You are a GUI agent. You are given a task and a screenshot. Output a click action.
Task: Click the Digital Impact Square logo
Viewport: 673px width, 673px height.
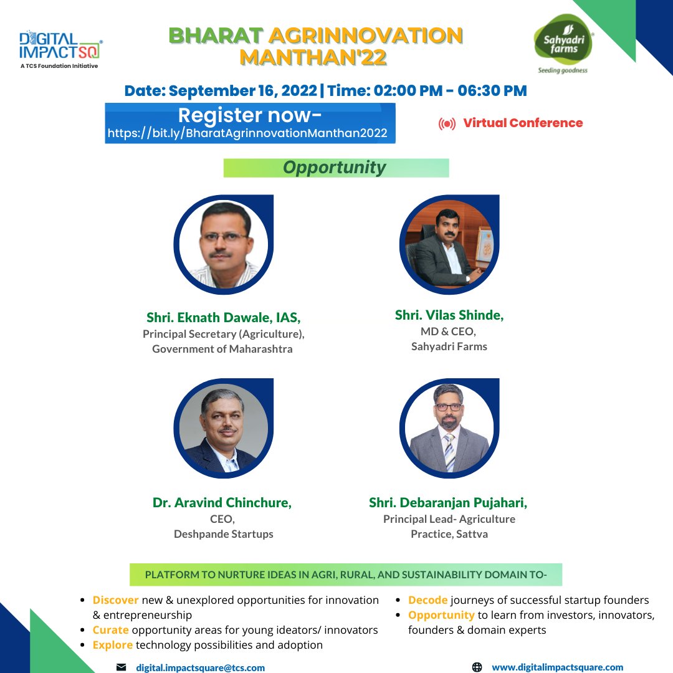coord(60,48)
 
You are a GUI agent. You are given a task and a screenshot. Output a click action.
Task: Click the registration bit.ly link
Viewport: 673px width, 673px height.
coord(247,133)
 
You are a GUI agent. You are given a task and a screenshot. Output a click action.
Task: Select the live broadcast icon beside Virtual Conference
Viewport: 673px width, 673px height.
coord(447,124)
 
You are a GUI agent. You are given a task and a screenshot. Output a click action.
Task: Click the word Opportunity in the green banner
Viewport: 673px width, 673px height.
coord(335,168)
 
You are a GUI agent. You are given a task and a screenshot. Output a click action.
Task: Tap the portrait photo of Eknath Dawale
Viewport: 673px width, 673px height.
coord(224,245)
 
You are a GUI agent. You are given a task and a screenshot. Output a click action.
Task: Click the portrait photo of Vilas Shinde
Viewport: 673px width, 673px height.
coord(449,245)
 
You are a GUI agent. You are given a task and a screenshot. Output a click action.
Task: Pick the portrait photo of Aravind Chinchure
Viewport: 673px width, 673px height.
coord(224,429)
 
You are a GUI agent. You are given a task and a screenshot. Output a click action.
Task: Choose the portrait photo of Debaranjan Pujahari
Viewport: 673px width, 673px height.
coord(449,429)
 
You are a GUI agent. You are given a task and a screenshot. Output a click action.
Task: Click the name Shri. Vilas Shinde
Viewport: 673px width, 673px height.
coord(449,315)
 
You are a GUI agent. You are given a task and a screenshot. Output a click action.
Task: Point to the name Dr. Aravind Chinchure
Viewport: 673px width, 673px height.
coord(222,502)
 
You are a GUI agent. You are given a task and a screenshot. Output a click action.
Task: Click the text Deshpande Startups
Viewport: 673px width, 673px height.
coord(224,534)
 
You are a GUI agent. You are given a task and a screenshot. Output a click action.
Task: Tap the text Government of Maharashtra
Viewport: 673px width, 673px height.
coord(222,349)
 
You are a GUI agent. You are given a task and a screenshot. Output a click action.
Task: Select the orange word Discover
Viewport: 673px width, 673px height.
coord(115,600)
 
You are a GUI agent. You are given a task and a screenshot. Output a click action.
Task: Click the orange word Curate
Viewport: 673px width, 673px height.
coord(110,630)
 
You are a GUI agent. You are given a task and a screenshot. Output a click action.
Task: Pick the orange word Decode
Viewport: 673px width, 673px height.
coord(427,600)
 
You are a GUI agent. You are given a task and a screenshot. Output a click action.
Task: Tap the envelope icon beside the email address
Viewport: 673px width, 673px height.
coord(121,667)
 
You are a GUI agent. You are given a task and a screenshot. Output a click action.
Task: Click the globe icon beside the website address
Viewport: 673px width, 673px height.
coord(477,667)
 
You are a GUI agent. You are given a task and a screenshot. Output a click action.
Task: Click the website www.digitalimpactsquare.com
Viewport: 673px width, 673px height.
coord(558,667)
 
